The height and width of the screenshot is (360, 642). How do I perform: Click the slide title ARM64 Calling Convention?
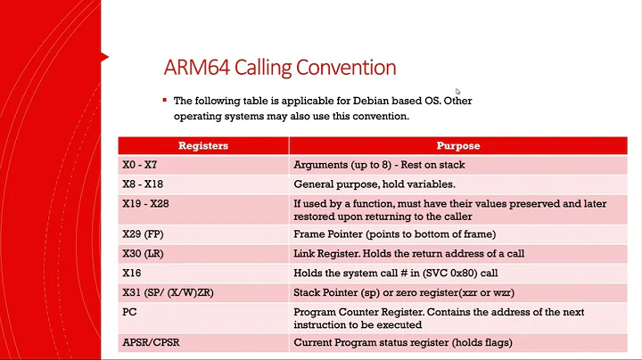(280, 68)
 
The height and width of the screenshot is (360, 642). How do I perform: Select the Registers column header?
(203, 145)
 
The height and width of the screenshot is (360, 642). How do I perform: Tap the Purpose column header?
(458, 145)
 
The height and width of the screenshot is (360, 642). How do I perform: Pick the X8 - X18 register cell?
(144, 184)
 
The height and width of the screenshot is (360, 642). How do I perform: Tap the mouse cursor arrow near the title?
(458, 91)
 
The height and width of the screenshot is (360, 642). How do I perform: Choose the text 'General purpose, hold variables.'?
(374, 184)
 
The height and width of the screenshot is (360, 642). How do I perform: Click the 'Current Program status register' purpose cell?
(403, 341)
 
